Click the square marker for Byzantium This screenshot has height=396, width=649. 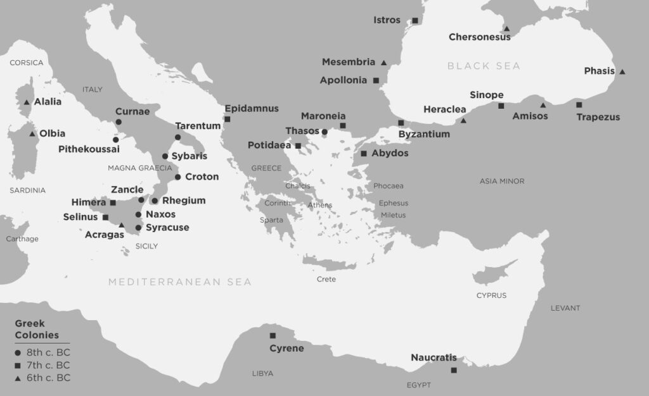[x=401, y=123]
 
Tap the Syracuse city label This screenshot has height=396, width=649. [x=167, y=227]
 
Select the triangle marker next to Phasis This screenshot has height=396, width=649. [x=622, y=71]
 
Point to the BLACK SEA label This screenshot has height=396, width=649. [x=484, y=66]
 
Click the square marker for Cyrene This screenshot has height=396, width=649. [x=273, y=335]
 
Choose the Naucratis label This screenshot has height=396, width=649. [x=434, y=357]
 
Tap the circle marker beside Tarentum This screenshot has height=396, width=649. [x=177, y=137]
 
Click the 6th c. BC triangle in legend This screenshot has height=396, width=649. [x=18, y=378]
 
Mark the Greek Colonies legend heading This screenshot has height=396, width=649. [x=37, y=329]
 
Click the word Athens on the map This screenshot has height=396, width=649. [x=319, y=205]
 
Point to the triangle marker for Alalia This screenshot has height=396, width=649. [x=27, y=102]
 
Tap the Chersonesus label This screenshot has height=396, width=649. [x=480, y=37]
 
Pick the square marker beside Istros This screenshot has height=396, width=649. [x=415, y=21]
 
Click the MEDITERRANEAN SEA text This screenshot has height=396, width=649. [x=179, y=282]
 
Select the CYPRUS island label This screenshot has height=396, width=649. [x=491, y=295]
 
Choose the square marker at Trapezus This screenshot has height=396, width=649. [x=579, y=104]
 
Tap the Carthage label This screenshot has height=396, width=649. [x=22, y=238]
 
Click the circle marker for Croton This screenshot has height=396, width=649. [x=178, y=177]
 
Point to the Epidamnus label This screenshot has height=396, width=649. [x=252, y=109]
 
